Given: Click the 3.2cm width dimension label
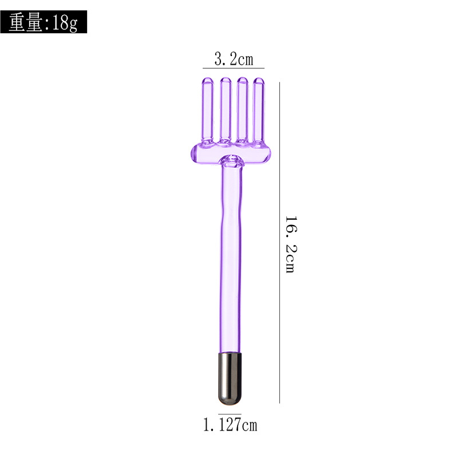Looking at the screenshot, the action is pos(234,59).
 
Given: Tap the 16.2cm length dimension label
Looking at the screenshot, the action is pos(291,245).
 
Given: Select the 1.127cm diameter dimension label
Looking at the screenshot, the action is pos(230,424).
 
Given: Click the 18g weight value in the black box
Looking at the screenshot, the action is pos(65,22).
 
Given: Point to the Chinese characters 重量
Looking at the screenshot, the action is pos(26,22).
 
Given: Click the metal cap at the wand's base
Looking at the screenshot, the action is pos(230,378).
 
